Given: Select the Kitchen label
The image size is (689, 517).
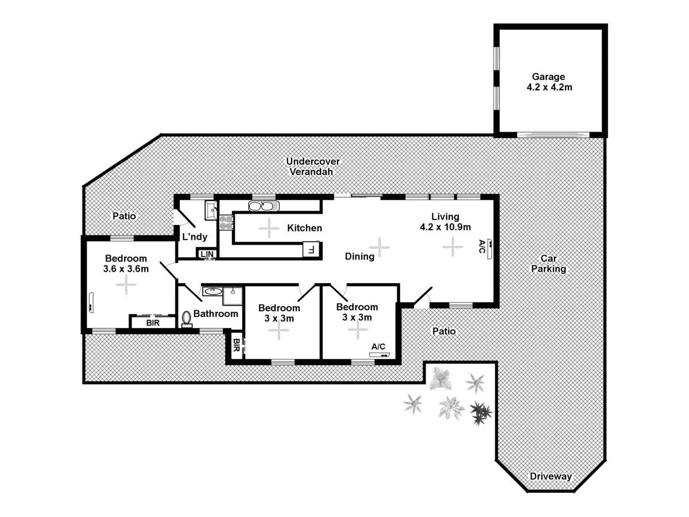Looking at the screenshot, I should coord(304,228).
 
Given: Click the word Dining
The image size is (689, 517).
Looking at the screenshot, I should coord(360,256).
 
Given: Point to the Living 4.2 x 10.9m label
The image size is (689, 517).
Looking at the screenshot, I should coord(446,221).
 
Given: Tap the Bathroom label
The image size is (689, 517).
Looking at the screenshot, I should coord(215,314).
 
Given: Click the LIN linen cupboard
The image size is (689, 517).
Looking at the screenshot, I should coord(207,253).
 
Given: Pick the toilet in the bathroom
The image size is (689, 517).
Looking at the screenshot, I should coord(187,319).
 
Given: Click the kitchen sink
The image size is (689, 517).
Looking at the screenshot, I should coord(263,206).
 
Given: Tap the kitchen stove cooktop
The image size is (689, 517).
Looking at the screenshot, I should coord(226,222).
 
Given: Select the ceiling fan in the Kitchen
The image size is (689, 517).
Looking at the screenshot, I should coord(268,228).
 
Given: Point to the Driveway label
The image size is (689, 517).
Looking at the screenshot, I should coord(550,476).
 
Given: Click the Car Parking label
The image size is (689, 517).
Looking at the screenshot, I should coord(548,264).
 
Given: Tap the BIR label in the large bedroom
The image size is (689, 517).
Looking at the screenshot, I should coord(152,323).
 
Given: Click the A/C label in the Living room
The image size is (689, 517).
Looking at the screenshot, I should coord(481,247).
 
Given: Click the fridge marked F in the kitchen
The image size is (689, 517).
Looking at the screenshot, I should coord(311,249).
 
